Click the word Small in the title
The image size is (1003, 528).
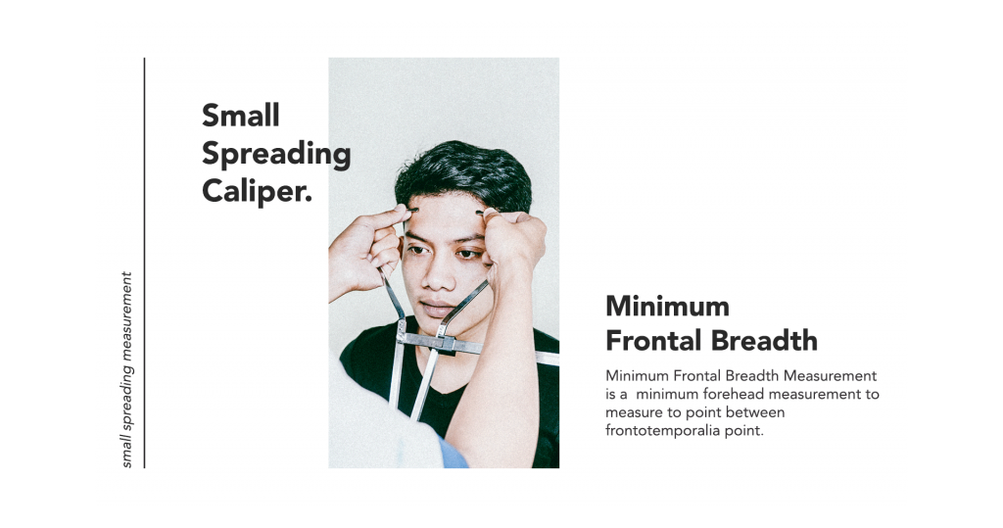pyautogui.click(x=241, y=116)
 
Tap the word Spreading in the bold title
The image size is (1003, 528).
pyautogui.click(x=276, y=155)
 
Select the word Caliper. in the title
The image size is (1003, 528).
pyautogui.click(x=258, y=191)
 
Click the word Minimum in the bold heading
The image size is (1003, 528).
pyautogui.click(x=667, y=306)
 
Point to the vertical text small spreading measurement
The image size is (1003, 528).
pyautogui.click(x=126, y=370)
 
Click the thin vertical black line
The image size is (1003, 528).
pyautogui.click(x=145, y=264)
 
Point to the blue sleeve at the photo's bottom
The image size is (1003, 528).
pyautogui.click(x=453, y=454)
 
